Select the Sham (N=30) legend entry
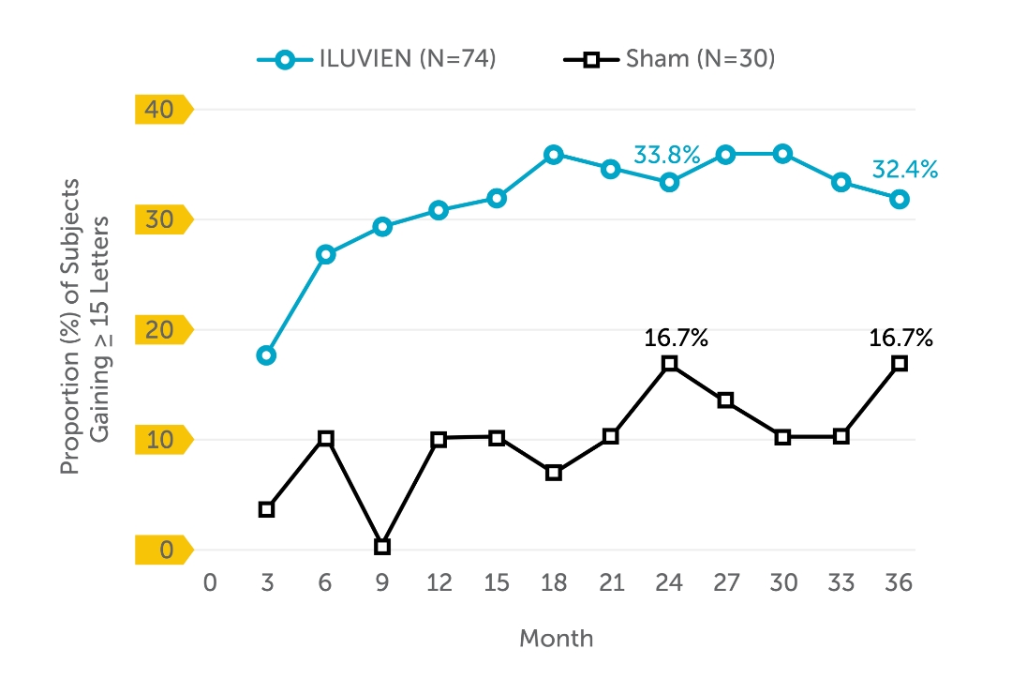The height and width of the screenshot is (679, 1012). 669,59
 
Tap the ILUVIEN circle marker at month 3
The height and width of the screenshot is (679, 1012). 266,355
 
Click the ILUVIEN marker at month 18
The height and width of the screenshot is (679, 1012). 554,155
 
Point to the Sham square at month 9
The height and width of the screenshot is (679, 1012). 381,547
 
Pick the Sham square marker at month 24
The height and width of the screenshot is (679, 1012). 669,364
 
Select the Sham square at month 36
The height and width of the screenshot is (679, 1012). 900,364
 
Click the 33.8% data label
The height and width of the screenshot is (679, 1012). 667,155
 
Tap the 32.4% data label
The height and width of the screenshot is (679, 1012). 905,170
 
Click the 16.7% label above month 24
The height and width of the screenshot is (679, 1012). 676,339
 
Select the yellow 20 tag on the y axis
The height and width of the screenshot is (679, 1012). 163,330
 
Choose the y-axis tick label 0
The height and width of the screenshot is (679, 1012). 165,550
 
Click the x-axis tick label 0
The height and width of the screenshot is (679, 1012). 209,583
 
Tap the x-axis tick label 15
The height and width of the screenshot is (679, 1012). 497,583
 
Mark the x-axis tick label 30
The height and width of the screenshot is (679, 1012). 783,583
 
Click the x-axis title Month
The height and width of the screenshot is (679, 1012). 557,639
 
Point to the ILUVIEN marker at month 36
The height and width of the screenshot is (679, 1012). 900,199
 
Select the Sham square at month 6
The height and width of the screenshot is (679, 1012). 325,438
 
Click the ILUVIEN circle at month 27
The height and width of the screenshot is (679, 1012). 725,154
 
